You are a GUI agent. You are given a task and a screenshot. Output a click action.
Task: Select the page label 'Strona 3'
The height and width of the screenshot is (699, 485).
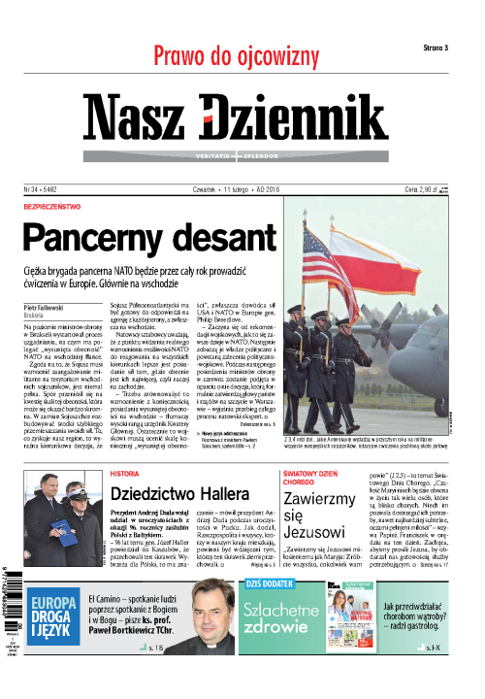(442, 48)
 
